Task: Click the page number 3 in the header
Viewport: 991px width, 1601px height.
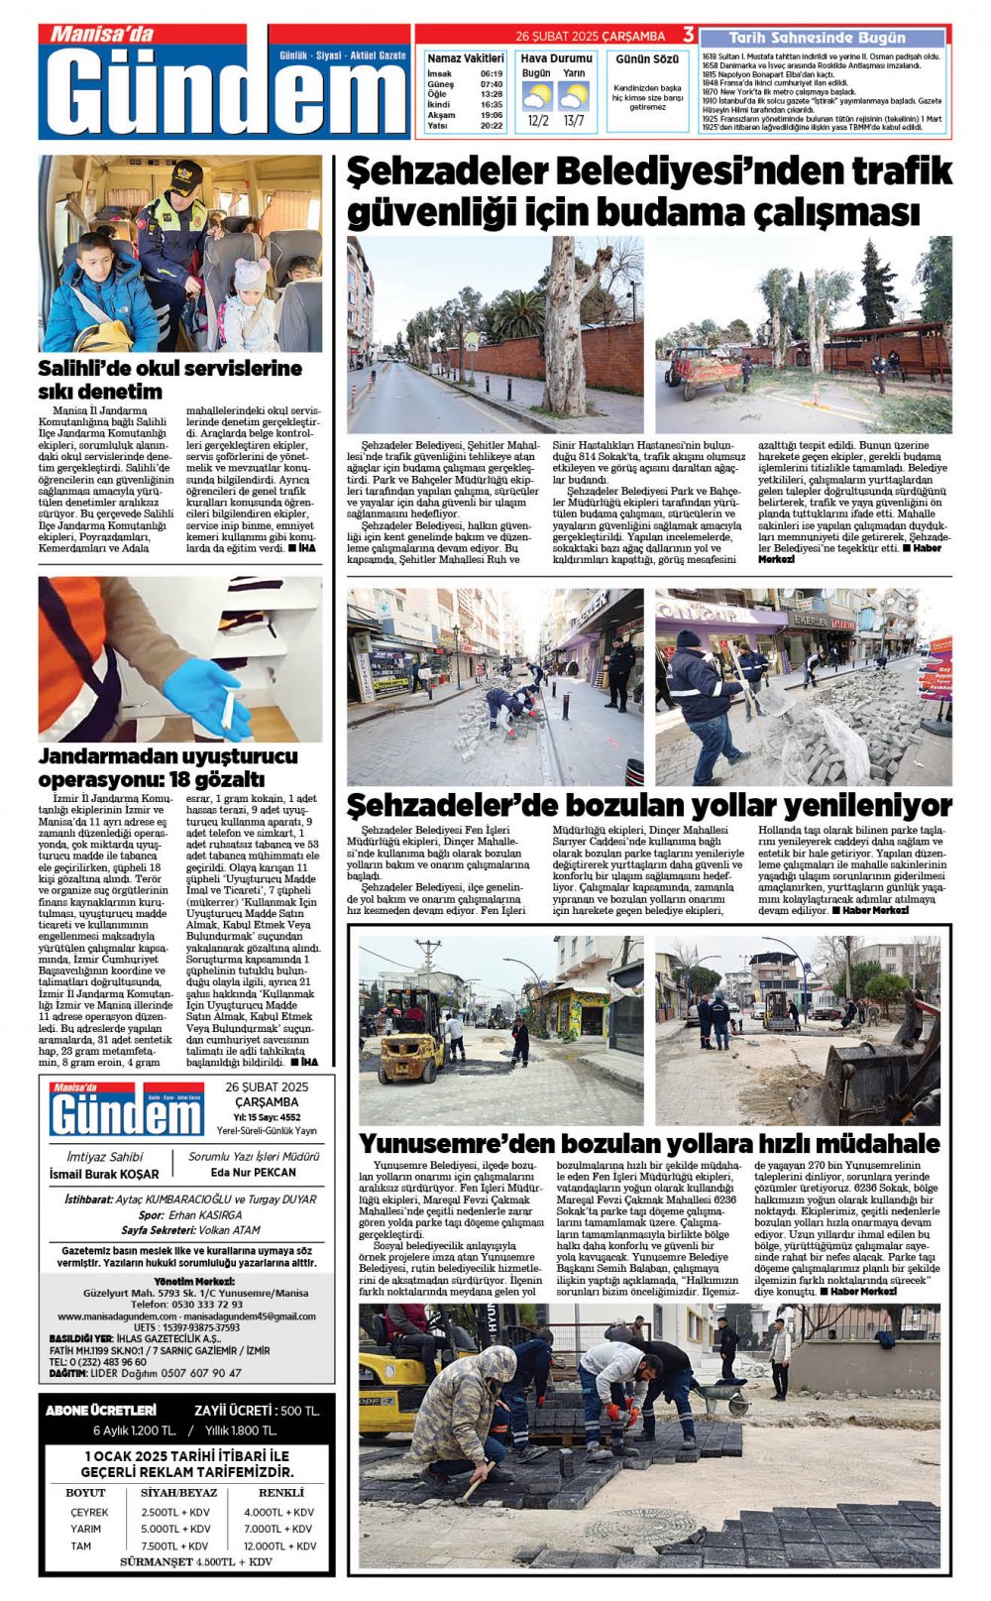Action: (689, 35)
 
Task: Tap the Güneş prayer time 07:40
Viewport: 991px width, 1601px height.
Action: (491, 84)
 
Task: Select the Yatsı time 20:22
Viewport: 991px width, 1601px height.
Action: (491, 126)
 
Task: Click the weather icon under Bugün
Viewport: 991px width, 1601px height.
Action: (537, 96)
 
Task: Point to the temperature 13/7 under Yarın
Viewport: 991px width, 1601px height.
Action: (574, 121)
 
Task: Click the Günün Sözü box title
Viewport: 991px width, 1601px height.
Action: (647, 59)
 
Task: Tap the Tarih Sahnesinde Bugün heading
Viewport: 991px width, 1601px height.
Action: (817, 38)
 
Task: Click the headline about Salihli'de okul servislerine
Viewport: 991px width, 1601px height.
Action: (169, 379)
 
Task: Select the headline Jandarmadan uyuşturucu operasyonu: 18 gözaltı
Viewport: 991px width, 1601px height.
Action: (167, 767)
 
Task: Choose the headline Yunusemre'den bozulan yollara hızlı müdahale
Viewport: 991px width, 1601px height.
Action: (649, 1143)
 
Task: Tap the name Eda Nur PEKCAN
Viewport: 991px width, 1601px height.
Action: (254, 1172)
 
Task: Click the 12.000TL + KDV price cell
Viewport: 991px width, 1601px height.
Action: (279, 1545)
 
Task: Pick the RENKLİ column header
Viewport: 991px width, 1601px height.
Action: (280, 1492)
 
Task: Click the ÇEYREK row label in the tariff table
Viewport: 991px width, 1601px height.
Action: (89, 1512)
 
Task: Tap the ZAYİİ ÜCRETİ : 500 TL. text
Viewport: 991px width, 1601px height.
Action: (257, 1411)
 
